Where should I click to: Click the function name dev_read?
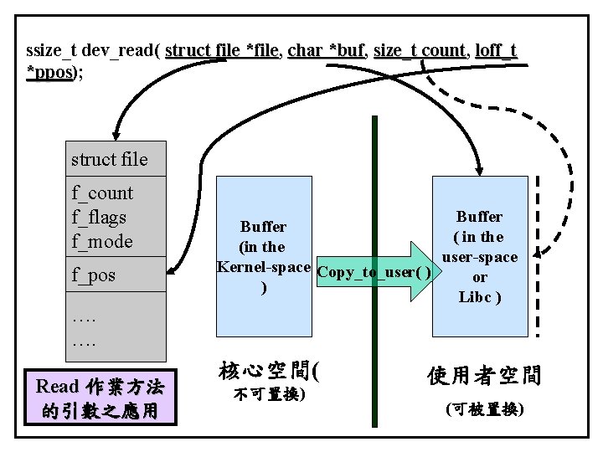113,51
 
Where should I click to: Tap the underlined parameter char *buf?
326,51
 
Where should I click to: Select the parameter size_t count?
419,51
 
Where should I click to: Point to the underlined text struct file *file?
221,51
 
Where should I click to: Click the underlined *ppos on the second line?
49,73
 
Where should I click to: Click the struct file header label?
109,159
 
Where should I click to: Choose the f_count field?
102,193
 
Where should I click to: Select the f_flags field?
99,218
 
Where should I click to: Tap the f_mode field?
101,242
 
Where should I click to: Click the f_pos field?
94,275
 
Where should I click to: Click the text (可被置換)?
485,409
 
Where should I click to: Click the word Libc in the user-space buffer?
475,297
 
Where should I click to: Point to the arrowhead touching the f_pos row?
170,271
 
